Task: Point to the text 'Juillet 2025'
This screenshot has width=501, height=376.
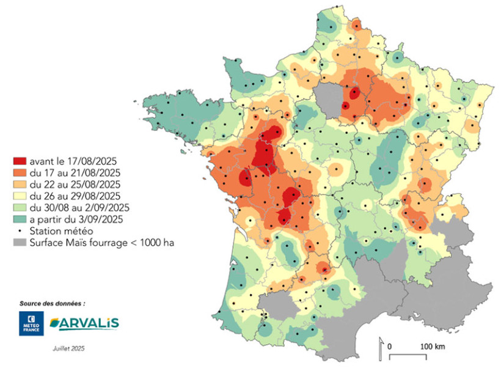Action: (x=68, y=348)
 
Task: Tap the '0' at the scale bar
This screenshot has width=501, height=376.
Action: (x=390, y=347)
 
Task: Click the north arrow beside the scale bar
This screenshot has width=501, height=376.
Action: (x=380, y=347)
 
